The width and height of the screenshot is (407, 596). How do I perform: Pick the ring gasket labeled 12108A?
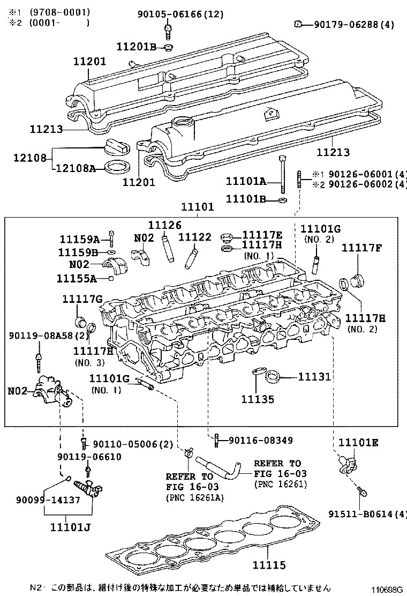pyautogui.click(x=117, y=166)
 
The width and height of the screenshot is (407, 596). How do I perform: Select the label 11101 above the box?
pyautogui.click(x=197, y=207)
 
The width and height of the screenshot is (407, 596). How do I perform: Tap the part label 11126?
pyautogui.click(x=165, y=226)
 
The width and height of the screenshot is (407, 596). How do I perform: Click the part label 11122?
pyautogui.click(x=195, y=237)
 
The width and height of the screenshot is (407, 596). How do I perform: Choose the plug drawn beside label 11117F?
pyautogui.click(x=355, y=279)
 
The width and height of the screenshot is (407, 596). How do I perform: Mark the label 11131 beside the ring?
pyautogui.click(x=314, y=377)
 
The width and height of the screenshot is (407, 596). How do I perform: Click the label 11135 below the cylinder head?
pyautogui.click(x=257, y=399)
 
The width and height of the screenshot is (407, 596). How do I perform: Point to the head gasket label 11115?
pyautogui.click(x=270, y=565)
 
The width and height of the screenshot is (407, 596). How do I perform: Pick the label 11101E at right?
pyautogui.click(x=358, y=442)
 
